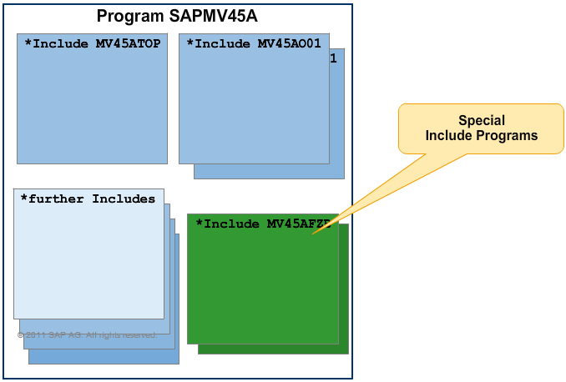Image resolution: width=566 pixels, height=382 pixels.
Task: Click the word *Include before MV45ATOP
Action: [58, 43]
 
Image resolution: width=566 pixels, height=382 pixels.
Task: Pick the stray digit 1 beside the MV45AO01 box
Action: [334, 58]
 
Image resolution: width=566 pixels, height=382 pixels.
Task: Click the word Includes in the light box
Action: [124, 199]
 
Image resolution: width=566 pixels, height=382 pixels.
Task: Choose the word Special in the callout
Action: [482, 120]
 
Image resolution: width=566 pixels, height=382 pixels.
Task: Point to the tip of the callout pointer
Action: [313, 234]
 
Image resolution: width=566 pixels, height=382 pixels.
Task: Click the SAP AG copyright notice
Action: [86, 334]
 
